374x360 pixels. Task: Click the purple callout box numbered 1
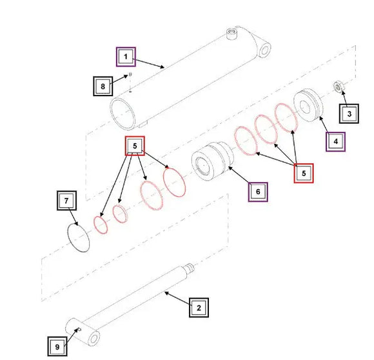coord(126,57)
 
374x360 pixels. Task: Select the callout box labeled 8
coord(103,86)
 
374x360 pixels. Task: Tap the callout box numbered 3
coord(349,114)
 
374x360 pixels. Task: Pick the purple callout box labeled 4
coord(335,142)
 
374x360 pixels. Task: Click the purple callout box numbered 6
coord(258,192)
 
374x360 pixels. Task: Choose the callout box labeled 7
coord(66,201)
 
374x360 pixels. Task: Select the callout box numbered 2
coord(199,308)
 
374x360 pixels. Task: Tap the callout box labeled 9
coord(57,346)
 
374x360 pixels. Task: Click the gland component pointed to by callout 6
coord(212,161)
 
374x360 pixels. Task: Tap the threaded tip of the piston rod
coord(190,268)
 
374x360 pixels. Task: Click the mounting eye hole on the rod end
coord(93,339)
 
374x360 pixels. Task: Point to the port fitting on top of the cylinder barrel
coord(231,34)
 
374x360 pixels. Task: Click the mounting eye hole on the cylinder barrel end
coord(264,50)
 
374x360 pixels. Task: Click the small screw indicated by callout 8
coord(130,74)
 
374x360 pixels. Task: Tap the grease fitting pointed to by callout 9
coord(80,330)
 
